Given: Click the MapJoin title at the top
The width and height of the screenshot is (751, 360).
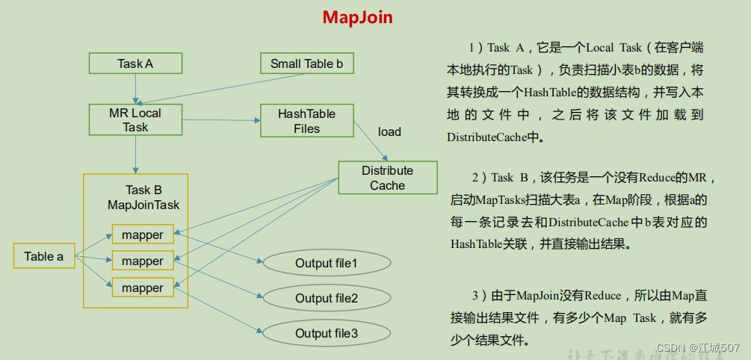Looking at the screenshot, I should click(357, 17).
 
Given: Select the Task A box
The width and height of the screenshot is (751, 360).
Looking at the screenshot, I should click(135, 63).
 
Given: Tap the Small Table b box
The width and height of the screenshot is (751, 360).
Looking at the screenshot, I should click(306, 63).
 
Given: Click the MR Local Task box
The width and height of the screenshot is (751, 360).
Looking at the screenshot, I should click(135, 120).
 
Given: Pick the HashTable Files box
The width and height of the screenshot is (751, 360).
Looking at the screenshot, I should click(306, 121).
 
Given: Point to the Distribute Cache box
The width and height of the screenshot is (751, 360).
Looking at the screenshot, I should click(387, 178).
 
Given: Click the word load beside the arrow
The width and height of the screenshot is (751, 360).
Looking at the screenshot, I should click(389, 132).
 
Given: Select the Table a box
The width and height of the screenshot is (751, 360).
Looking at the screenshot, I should click(44, 256).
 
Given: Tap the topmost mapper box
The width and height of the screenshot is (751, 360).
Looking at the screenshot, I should click(143, 235).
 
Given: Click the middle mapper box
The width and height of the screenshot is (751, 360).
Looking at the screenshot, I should click(143, 261).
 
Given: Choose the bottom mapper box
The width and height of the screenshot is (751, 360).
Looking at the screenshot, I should click(143, 288).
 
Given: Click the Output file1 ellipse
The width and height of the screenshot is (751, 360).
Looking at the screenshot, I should click(327, 263).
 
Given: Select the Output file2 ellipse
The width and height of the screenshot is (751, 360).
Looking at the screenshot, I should click(327, 298).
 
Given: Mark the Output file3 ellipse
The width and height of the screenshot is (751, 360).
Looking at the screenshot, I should click(327, 333).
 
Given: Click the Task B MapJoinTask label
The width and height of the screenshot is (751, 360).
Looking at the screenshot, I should click(143, 197).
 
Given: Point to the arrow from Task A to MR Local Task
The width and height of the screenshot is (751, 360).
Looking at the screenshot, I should click(135, 88).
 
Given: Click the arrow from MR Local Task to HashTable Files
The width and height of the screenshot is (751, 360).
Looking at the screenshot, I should click(221, 120).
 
